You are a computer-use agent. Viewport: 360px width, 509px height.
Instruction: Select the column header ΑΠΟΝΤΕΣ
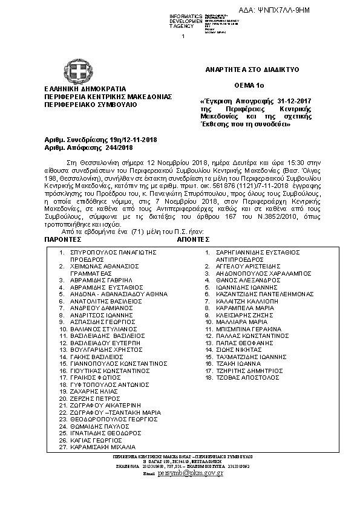click(x=195, y=239)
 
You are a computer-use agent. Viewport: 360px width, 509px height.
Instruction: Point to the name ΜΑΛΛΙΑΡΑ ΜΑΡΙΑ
click(x=237, y=322)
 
